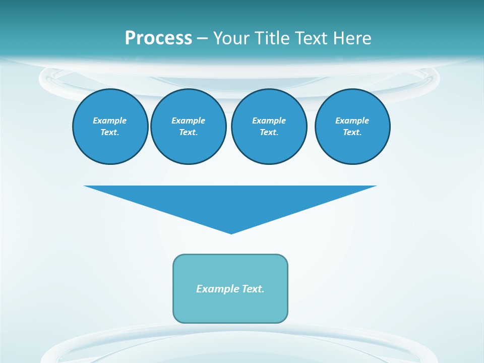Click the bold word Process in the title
click(158, 38)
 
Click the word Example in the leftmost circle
click(110, 120)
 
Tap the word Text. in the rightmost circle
click(352, 133)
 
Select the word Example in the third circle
click(269, 120)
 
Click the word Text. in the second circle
click(189, 133)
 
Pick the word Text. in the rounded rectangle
click(253, 289)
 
